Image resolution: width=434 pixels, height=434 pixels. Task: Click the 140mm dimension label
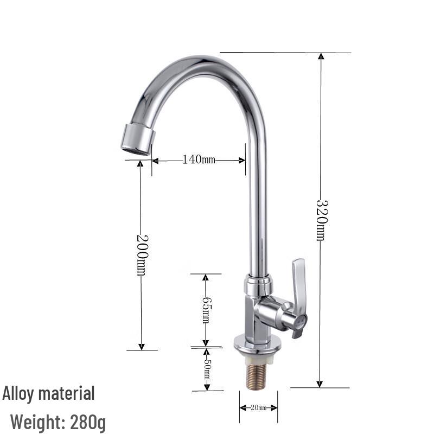click(x=199, y=159)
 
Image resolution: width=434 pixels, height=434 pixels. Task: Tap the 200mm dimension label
click(x=141, y=254)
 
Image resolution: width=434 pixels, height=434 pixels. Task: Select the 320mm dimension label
click(x=321, y=220)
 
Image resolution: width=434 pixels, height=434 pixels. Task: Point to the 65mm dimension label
click(x=206, y=310)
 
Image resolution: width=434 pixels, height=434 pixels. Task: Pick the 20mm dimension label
click(x=258, y=407)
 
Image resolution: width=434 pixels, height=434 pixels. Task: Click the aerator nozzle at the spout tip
click(x=137, y=139)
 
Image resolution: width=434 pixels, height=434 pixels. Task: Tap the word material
click(x=67, y=393)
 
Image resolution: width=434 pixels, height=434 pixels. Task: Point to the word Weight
click(x=37, y=421)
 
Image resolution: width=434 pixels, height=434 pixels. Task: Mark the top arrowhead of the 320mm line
click(x=321, y=56)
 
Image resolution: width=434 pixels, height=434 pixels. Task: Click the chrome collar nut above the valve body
click(x=258, y=285)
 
